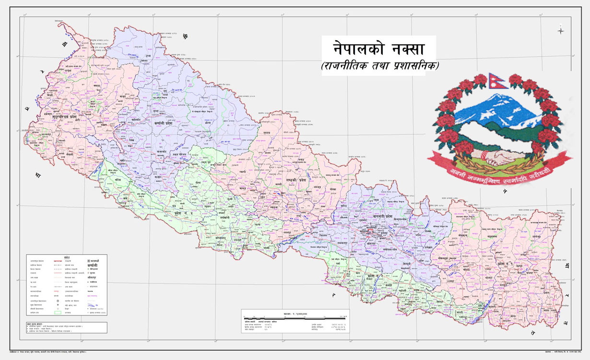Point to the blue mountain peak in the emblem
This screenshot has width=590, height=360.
(494, 103)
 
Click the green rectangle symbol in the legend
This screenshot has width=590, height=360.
(58, 312)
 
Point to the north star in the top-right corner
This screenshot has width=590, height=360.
(560, 31)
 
